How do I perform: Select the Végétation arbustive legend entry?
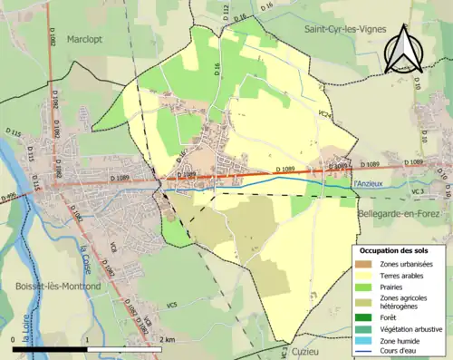click(x=412, y=327)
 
